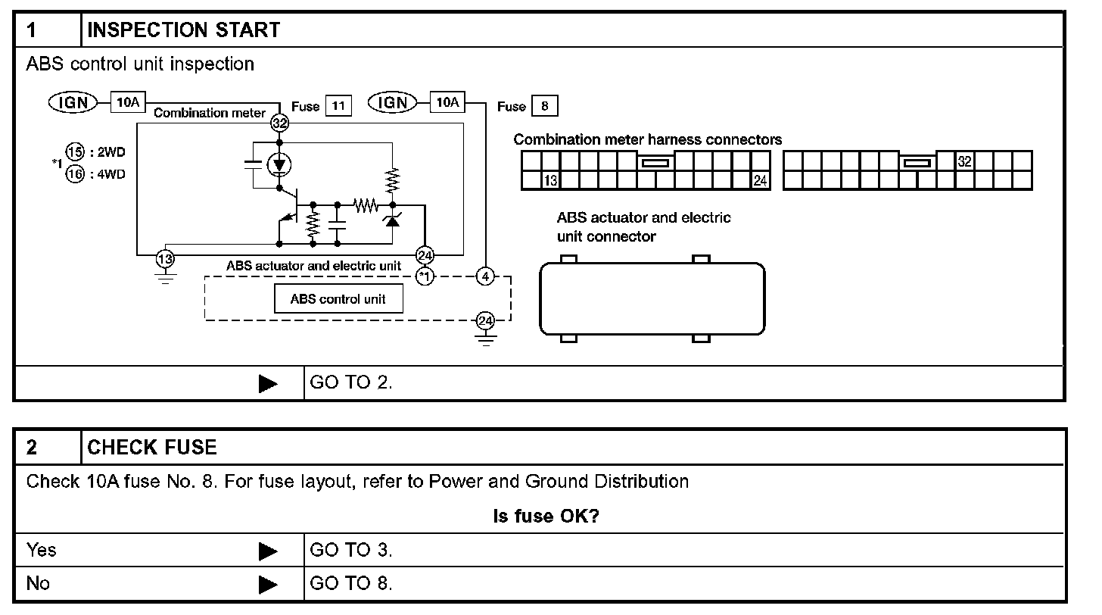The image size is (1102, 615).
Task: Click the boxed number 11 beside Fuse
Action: tap(338, 106)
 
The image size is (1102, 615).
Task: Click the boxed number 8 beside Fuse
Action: tap(544, 106)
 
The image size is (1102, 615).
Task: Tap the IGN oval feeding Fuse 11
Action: tap(73, 102)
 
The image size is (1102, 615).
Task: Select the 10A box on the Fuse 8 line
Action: tap(447, 101)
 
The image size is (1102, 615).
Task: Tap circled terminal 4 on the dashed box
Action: tap(485, 276)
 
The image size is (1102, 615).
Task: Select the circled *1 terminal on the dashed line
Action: tap(425, 276)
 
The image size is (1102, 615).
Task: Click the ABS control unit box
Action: tap(338, 299)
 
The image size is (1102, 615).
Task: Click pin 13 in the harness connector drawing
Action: tap(551, 180)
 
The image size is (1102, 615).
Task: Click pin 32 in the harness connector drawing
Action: tap(964, 161)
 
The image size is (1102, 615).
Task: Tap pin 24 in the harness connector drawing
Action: tap(761, 180)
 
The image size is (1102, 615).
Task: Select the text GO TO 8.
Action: tap(351, 584)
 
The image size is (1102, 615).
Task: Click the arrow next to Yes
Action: tap(268, 551)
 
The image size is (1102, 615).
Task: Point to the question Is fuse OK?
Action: tap(546, 517)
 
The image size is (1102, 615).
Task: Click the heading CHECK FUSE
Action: tap(152, 447)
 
